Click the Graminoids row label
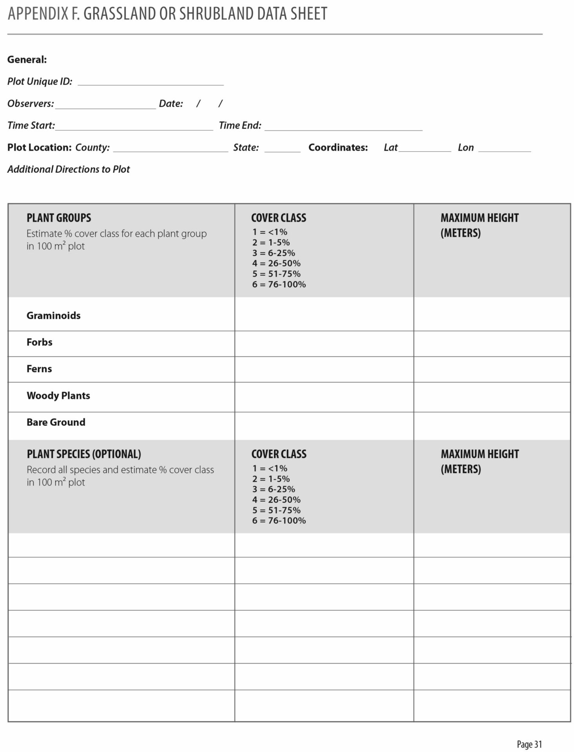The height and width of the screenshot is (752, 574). [54, 316]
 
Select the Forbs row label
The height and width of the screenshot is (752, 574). [40, 342]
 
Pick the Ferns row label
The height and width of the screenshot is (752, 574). [39, 369]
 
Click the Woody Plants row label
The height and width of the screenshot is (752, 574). [58, 396]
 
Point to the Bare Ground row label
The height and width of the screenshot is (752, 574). [56, 422]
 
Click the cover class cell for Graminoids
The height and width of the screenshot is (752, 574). [324, 314]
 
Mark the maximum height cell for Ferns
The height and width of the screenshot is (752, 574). [492, 369]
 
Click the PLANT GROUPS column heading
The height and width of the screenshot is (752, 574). [59, 218]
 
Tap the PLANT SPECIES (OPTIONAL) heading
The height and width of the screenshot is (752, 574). [84, 454]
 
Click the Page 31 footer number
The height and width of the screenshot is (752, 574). [529, 744]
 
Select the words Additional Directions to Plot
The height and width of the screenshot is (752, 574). [69, 169]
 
